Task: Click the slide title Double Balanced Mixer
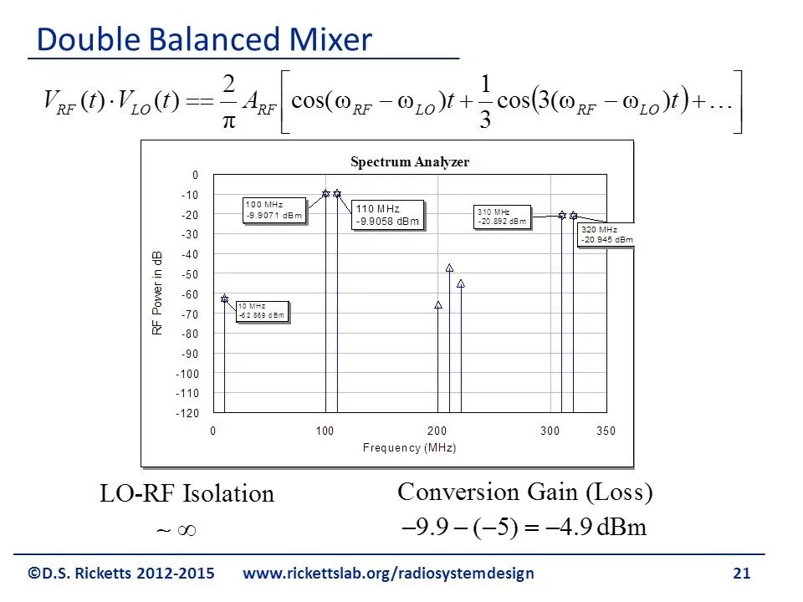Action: (204, 40)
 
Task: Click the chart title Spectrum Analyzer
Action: (409, 162)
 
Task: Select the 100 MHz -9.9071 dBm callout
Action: (274, 210)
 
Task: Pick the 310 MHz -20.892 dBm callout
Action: (503, 217)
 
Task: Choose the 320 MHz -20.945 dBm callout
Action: (606, 235)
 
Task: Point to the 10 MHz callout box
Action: (262, 311)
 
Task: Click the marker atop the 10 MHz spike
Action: (224, 298)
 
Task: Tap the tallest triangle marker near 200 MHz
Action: (449, 268)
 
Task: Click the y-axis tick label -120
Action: (187, 413)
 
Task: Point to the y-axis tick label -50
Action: (190, 274)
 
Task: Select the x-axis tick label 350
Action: (606, 431)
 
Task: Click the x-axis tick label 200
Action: (437, 431)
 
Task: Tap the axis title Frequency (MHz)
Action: (409, 448)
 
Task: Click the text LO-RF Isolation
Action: (187, 494)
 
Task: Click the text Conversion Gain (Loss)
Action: (525, 492)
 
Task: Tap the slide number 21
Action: (741, 574)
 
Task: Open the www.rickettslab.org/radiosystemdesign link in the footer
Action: (388, 574)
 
